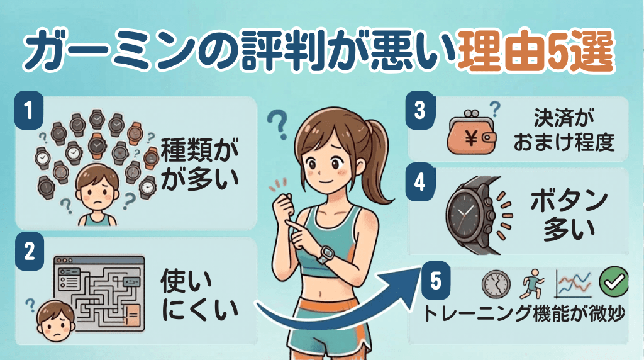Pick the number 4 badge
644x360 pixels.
(x=421, y=183)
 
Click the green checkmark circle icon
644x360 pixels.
(x=610, y=283)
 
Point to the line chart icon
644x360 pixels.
(x=572, y=284)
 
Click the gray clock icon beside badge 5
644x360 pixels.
(x=495, y=284)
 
